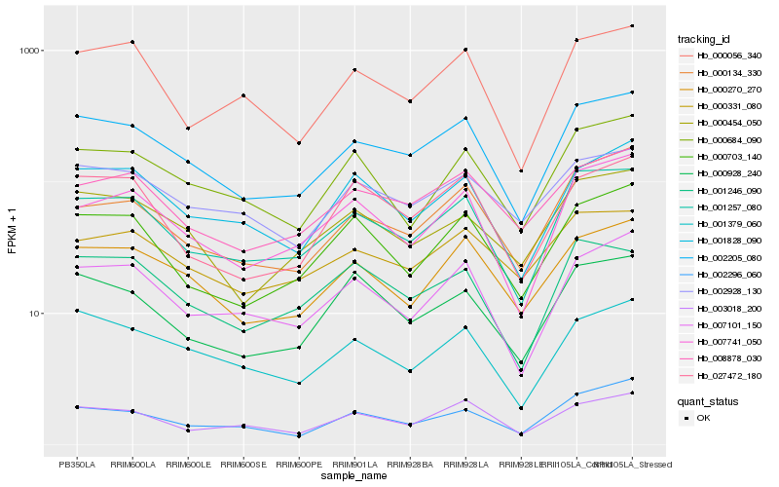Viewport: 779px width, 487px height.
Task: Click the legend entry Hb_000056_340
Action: point(723,56)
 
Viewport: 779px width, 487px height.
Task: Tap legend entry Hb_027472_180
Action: point(723,375)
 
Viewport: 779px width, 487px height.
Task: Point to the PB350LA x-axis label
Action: point(77,463)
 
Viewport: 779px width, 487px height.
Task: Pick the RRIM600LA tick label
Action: point(132,463)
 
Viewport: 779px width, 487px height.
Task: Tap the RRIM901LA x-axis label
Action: point(354,463)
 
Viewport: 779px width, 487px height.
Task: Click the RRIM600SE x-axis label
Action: point(243,463)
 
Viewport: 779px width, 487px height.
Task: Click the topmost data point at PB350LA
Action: point(77,52)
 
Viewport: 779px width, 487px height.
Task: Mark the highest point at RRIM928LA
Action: point(466,49)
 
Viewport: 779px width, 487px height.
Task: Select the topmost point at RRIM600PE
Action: point(299,143)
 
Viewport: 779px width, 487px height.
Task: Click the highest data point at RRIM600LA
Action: point(132,42)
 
